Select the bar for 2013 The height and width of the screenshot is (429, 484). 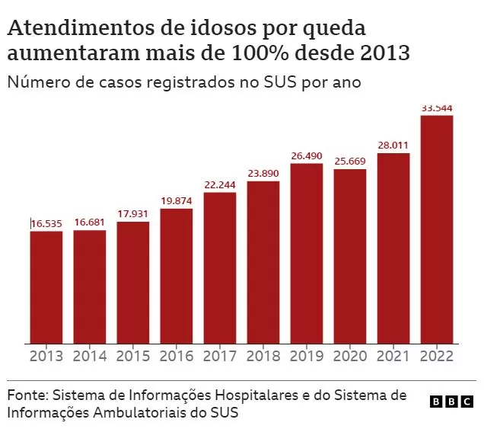(46, 287)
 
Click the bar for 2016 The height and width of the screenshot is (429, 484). (177, 277)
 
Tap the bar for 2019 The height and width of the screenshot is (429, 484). (307, 254)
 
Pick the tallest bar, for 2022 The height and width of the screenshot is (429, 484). (437, 229)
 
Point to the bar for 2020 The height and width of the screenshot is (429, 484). (350, 257)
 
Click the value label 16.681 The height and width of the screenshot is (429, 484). (90, 223)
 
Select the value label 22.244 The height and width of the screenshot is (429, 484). (220, 185)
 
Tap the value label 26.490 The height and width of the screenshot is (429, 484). (307, 155)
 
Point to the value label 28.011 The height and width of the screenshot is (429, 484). (393, 146)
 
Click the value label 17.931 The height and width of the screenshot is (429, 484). (132, 214)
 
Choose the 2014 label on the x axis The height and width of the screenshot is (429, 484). (90, 356)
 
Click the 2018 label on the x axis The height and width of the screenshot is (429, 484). (263, 356)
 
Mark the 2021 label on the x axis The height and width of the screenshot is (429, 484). (393, 356)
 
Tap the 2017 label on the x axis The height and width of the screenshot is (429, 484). (219, 356)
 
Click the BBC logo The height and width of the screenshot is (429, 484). (451, 402)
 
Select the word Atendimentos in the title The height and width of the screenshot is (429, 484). (81, 28)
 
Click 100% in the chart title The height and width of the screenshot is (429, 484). (260, 53)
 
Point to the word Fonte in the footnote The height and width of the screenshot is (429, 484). (27, 395)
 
